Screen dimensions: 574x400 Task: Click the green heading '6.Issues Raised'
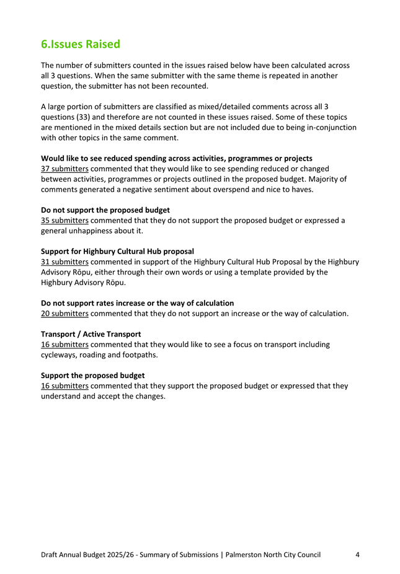[80, 45]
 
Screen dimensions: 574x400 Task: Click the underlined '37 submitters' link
[64, 169]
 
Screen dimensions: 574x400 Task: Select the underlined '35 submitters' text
[64, 221]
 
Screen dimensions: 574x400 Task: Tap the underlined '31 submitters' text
[64, 262]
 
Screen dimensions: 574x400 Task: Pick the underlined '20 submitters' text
[64, 314]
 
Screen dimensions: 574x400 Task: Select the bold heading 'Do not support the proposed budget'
[105, 210]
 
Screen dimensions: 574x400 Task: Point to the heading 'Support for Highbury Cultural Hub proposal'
[117, 252]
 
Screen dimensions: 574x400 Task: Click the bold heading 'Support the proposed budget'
[92, 376]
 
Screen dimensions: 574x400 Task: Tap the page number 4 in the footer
[358, 555]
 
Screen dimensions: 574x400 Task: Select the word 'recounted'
[192, 86]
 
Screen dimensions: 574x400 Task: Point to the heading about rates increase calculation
[137, 303]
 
